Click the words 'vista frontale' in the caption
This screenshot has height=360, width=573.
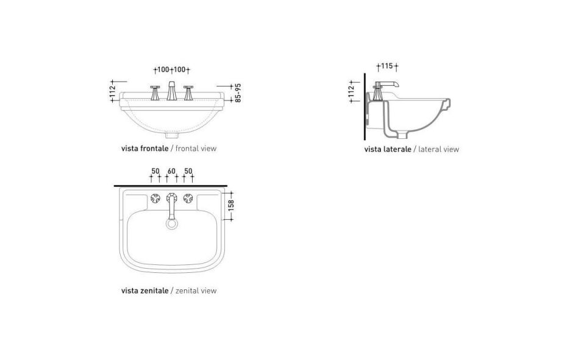click(x=144, y=148)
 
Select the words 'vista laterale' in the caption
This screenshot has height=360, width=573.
click(x=388, y=149)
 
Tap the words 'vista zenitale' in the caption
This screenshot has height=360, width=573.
click(x=144, y=291)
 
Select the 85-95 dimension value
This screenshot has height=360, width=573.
click(x=238, y=93)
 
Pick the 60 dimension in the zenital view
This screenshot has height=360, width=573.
click(x=171, y=172)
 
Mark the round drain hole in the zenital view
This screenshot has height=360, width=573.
click(x=171, y=224)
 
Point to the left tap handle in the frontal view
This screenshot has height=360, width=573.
click(x=155, y=93)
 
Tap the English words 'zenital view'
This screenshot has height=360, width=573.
click(x=196, y=291)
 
